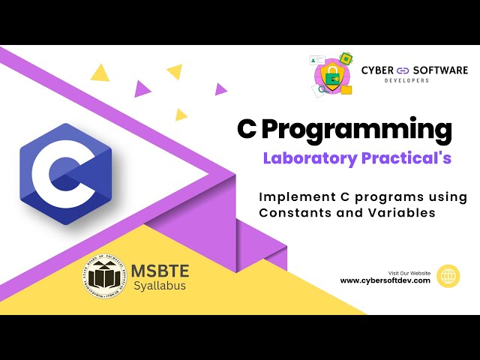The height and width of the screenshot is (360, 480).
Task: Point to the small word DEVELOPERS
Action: (406, 80)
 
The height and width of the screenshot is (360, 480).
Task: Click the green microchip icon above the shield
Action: (346, 58)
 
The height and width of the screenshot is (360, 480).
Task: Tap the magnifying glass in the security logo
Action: (322, 88)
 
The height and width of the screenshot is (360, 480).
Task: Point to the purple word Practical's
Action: (406, 158)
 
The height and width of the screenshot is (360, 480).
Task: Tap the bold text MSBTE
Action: (160, 271)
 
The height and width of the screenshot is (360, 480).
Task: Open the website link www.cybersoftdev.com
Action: (385, 280)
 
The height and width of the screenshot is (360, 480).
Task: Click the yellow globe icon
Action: (448, 276)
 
